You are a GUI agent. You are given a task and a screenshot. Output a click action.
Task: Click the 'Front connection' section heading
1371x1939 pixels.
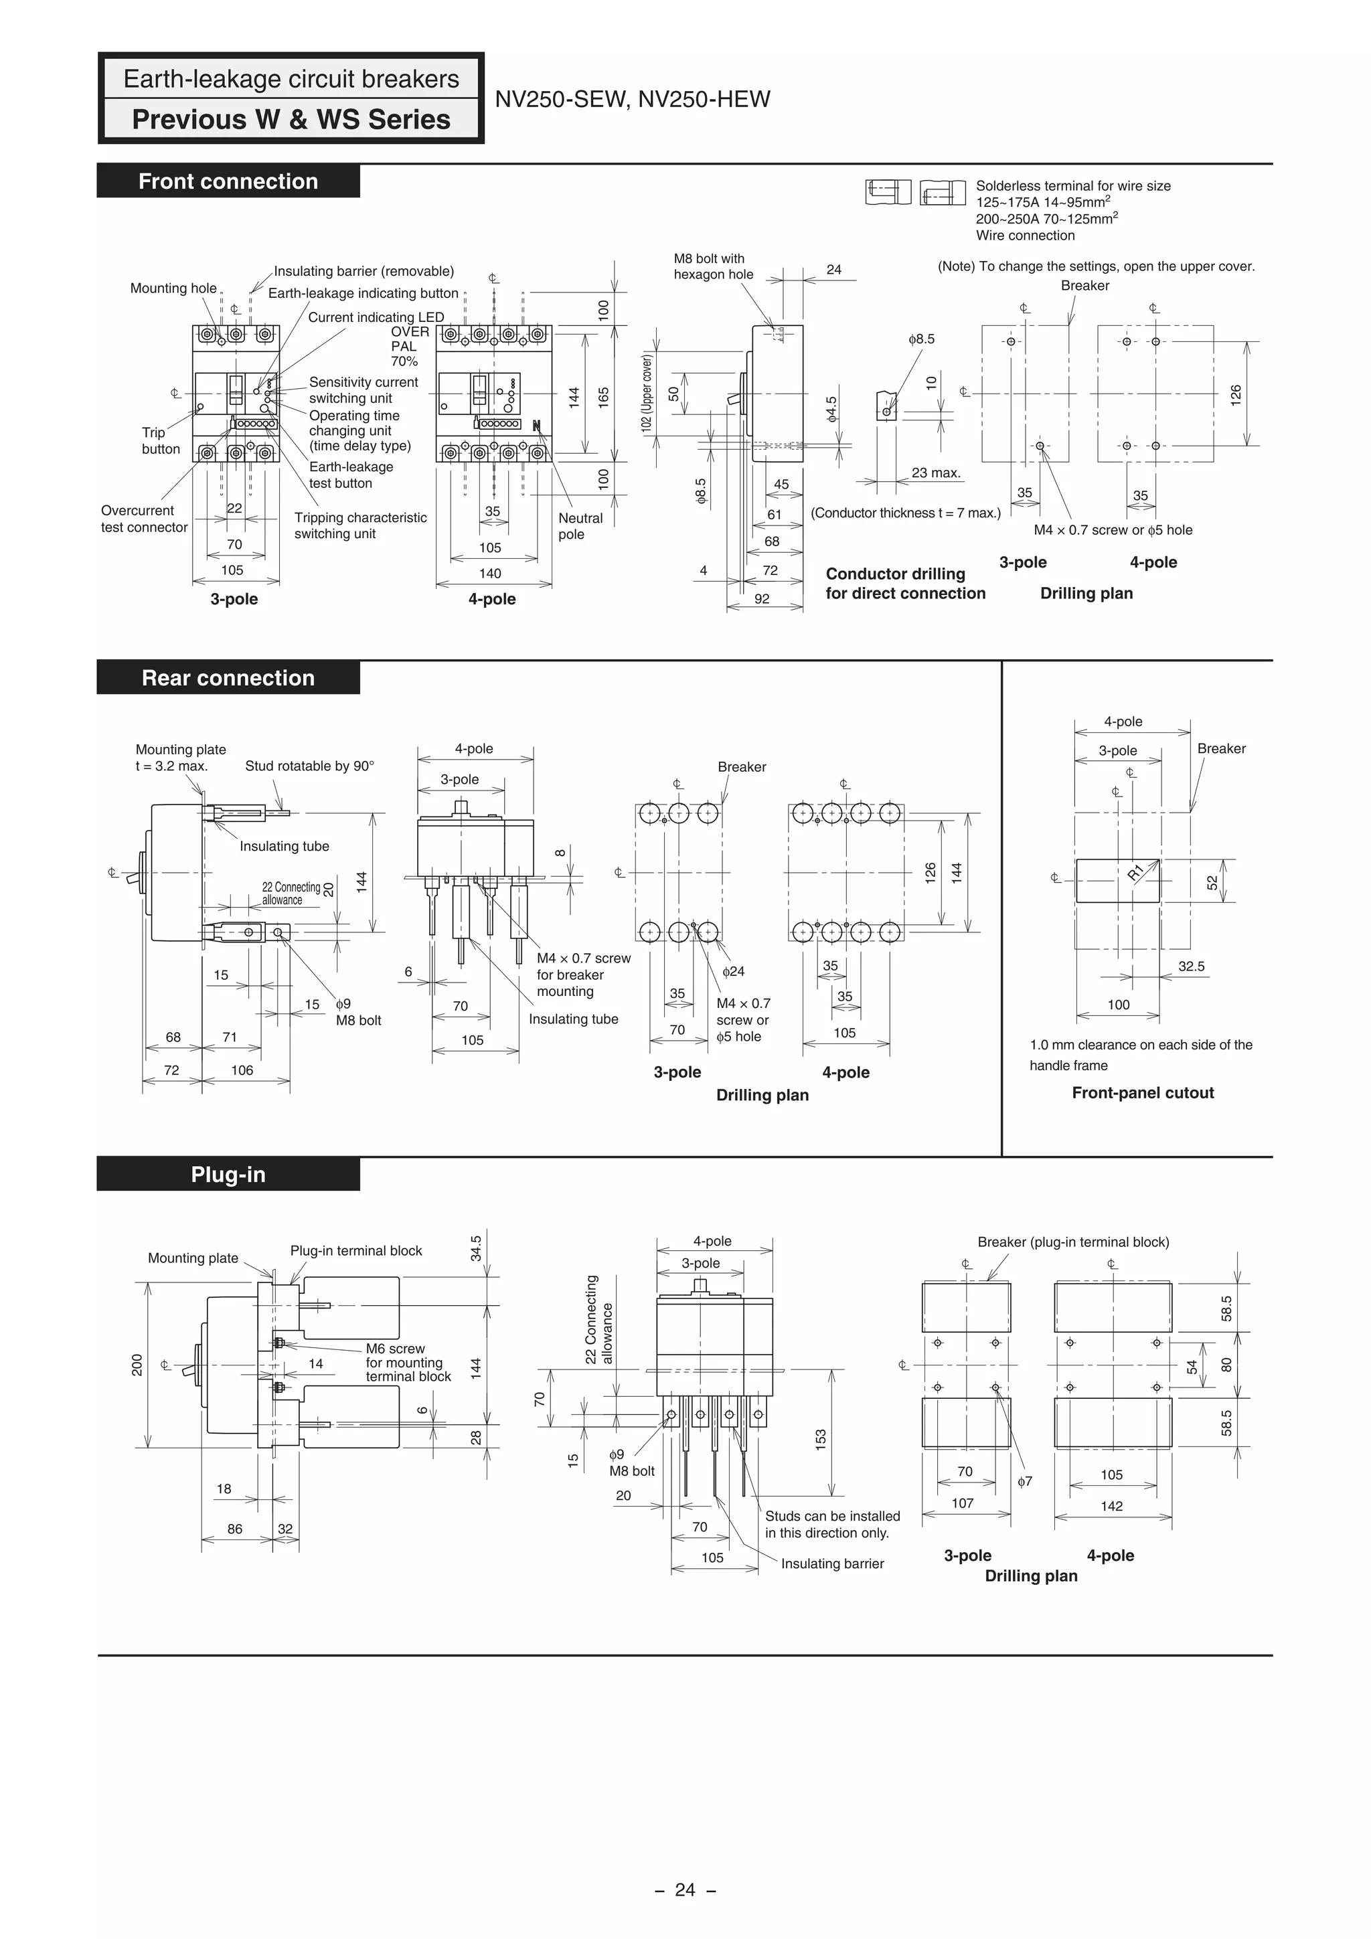click(x=228, y=181)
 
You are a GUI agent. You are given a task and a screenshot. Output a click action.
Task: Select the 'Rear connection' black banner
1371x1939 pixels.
click(x=228, y=678)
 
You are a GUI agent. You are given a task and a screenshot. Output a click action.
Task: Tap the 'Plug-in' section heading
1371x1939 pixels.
click(x=228, y=1175)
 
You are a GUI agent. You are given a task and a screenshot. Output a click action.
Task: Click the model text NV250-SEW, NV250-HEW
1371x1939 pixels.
click(x=632, y=100)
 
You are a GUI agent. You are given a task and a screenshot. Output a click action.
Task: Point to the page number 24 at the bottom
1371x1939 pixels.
click(x=685, y=1889)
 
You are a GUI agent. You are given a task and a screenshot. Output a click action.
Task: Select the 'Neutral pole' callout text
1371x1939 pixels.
click(x=580, y=525)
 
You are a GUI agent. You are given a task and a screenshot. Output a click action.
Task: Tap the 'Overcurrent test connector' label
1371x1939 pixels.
click(x=144, y=519)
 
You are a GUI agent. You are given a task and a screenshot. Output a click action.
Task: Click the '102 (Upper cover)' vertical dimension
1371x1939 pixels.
click(x=647, y=394)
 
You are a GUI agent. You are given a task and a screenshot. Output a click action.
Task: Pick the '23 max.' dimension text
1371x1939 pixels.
click(x=936, y=473)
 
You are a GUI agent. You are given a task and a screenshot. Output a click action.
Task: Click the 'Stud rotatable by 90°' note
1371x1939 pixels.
click(x=309, y=766)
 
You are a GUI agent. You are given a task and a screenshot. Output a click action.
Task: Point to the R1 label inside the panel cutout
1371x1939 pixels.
click(x=1136, y=872)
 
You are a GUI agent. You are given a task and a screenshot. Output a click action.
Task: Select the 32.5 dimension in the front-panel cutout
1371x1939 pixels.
click(x=1191, y=966)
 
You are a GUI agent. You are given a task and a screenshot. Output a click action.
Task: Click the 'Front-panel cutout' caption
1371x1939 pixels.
click(x=1142, y=1093)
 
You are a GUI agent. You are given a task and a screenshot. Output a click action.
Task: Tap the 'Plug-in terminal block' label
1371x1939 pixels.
click(x=355, y=1251)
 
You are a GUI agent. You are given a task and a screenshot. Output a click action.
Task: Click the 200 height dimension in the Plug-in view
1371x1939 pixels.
click(x=137, y=1365)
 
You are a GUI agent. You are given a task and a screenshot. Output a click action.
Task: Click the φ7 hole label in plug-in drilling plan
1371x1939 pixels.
click(x=1025, y=1481)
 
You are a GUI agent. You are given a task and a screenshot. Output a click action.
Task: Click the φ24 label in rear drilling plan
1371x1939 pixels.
click(x=733, y=971)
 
